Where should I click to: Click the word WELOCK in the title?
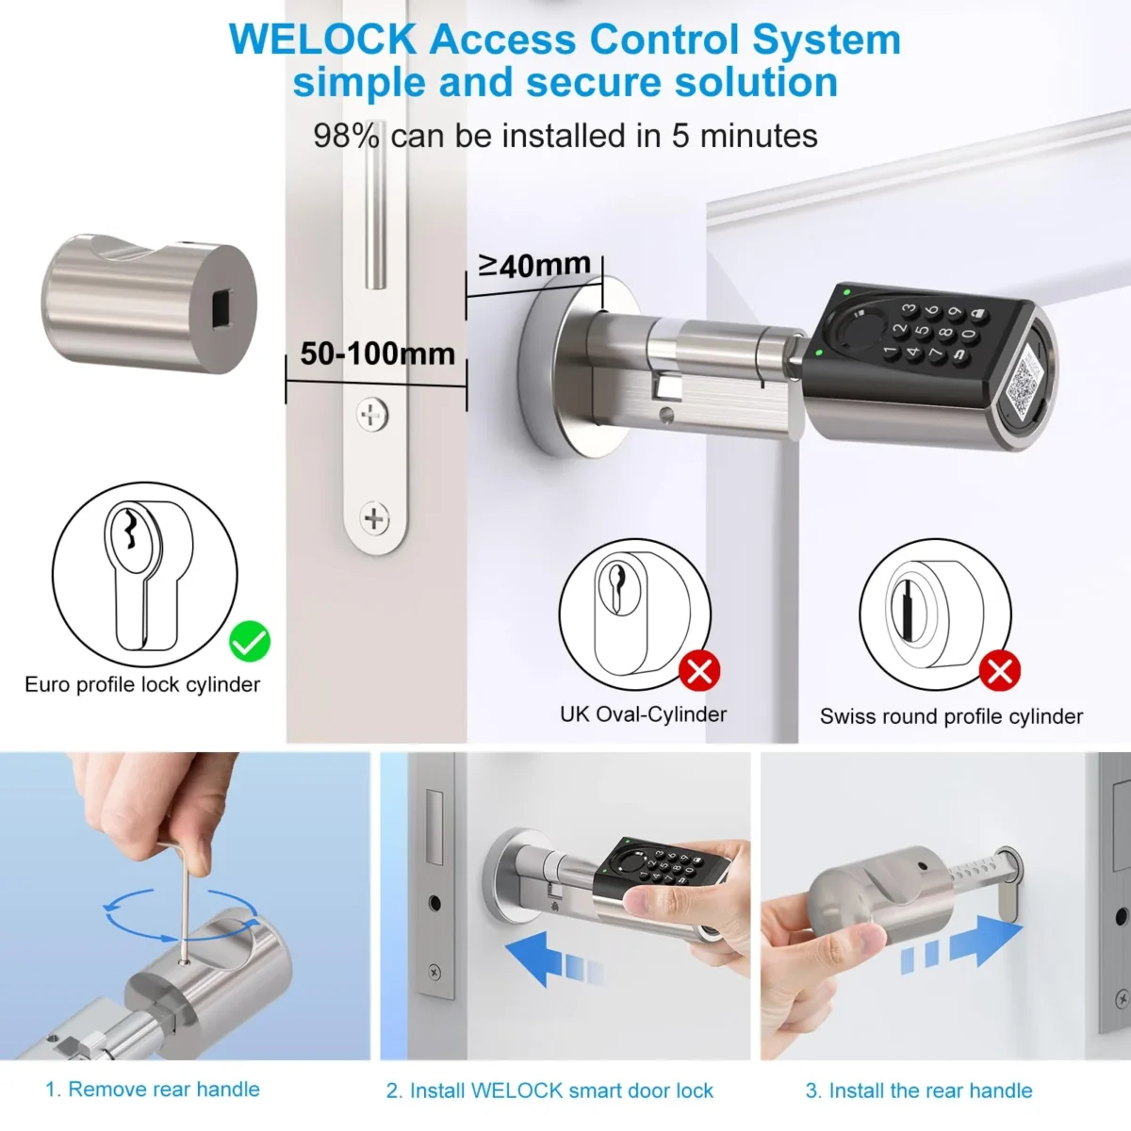coord(322,40)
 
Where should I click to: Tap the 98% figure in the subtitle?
coord(346,136)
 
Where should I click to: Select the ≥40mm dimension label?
coord(534,265)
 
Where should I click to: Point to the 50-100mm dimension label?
coord(377,353)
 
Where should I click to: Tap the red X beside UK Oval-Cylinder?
coord(699,672)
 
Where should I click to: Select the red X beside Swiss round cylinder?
coord(1000,671)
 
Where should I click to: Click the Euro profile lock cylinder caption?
coord(142,684)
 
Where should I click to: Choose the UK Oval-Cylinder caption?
coord(643,714)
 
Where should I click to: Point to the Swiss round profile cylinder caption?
coord(951,716)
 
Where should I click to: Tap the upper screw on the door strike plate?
coord(373,414)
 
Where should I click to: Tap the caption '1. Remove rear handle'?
coord(153,1090)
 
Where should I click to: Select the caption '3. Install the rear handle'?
coord(919,1090)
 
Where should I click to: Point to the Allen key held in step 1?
coord(178,895)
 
